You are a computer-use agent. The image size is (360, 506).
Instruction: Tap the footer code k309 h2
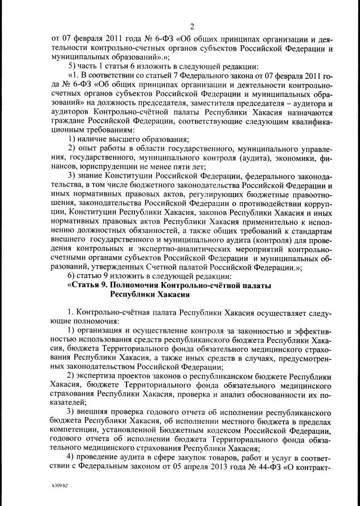60,483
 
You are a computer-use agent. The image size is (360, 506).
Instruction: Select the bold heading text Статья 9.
94,286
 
